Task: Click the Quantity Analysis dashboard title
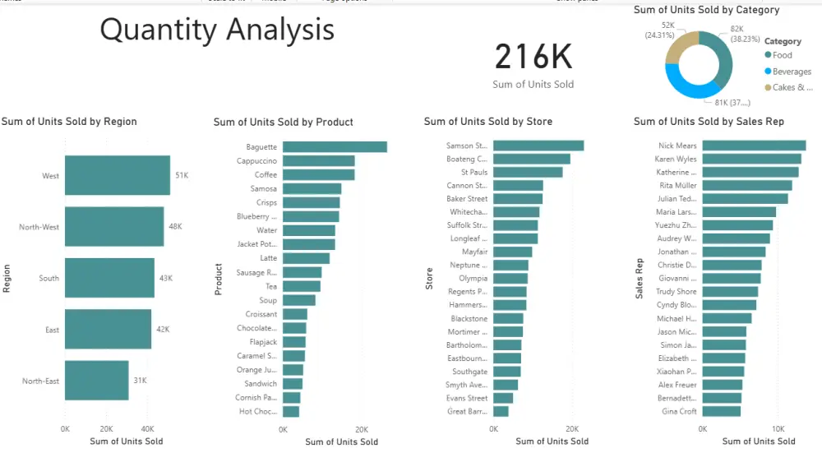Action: pyautogui.click(x=217, y=30)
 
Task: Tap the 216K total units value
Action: pyautogui.click(x=533, y=58)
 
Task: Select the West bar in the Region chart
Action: pyautogui.click(x=117, y=176)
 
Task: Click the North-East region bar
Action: pyautogui.click(x=96, y=381)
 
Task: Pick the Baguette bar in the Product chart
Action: pyautogui.click(x=334, y=147)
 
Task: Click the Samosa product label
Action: pyautogui.click(x=264, y=188)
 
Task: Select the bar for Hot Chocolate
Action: pyautogui.click(x=290, y=411)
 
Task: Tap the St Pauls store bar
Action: pyautogui.click(x=527, y=173)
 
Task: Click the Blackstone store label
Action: pyautogui.click(x=469, y=319)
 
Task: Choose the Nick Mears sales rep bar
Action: pyautogui.click(x=753, y=146)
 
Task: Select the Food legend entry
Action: pyautogui.click(x=782, y=55)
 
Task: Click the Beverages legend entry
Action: pyautogui.click(x=791, y=72)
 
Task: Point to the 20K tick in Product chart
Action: pyautogui.click(x=362, y=429)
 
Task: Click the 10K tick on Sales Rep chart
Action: pyautogui.click(x=778, y=429)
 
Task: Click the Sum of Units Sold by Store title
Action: pyautogui.click(x=487, y=122)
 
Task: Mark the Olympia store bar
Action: pyautogui.click(x=510, y=279)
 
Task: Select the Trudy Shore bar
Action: pyautogui.click(x=729, y=292)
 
